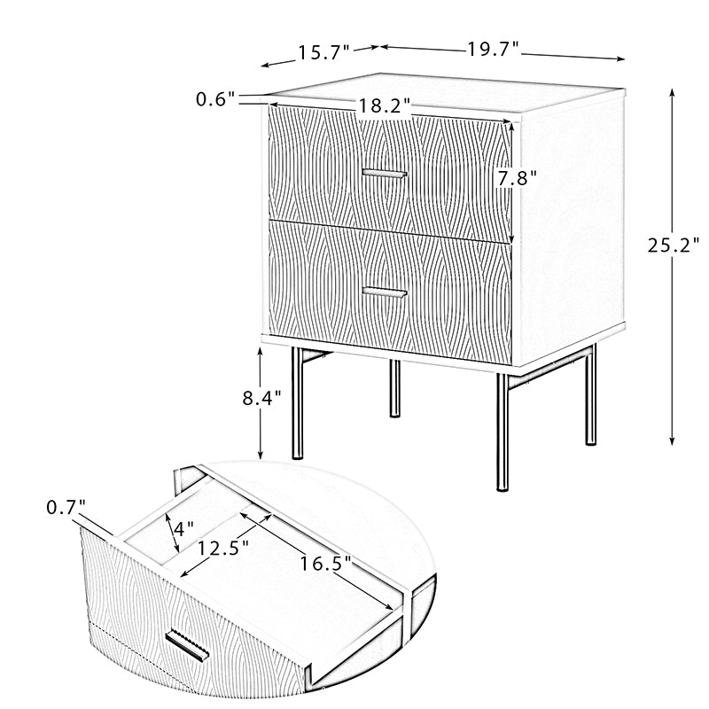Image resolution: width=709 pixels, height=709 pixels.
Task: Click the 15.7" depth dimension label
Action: [324, 53]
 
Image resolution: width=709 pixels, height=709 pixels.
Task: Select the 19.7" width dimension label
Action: [493, 49]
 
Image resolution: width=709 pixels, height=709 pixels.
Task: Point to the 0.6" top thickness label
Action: [215, 99]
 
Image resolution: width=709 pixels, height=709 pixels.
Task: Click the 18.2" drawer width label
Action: [385, 106]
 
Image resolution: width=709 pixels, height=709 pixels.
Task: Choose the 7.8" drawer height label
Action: [518, 178]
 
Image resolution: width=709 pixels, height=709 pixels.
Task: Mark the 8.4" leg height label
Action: [261, 398]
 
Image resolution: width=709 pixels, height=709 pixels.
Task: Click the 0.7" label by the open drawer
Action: [66, 508]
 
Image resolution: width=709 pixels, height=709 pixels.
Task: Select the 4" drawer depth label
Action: [183, 528]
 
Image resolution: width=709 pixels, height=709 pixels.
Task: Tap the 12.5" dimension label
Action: [223, 549]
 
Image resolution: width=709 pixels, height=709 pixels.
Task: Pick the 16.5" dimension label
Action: [325, 564]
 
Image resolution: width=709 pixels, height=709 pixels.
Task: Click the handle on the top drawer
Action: [385, 174]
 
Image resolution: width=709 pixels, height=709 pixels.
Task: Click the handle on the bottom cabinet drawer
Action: [385, 292]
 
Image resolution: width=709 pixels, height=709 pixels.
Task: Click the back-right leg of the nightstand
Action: [590, 394]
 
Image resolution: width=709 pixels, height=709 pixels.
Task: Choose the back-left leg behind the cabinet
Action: [395, 388]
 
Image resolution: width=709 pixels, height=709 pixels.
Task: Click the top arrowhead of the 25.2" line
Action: [673, 92]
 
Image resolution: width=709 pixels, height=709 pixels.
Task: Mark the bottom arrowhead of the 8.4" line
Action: [261, 456]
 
